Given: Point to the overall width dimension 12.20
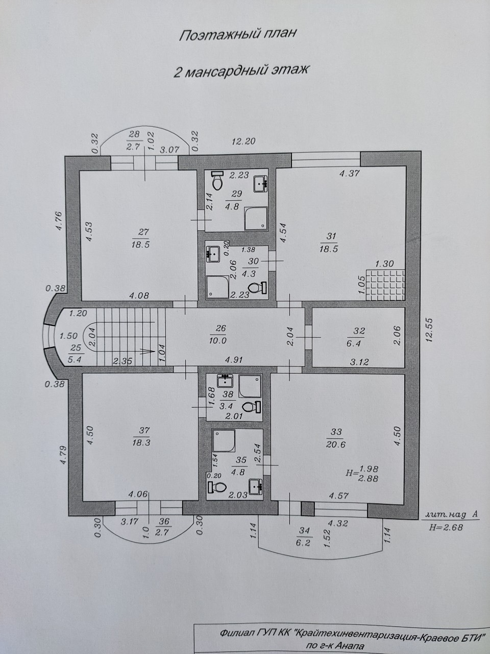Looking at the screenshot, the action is click(x=243, y=141).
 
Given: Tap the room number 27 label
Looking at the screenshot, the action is click(x=143, y=232).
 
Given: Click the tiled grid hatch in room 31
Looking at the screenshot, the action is click(x=385, y=285).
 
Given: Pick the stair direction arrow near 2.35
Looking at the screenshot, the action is click(x=149, y=352).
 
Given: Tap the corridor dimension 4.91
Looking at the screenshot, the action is click(x=234, y=360).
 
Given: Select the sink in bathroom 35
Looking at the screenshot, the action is click(x=256, y=485).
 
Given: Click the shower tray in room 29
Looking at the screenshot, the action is click(x=256, y=219).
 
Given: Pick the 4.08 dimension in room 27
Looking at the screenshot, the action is click(x=139, y=296).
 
